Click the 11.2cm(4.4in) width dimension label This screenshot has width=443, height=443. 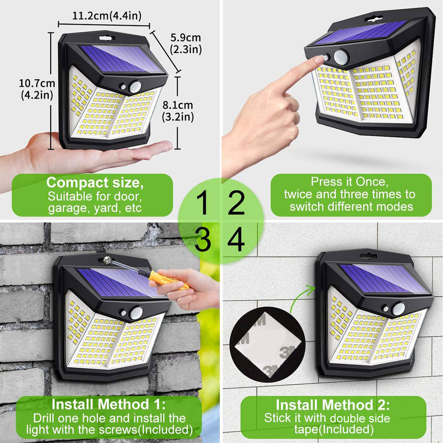(x=107, y=16)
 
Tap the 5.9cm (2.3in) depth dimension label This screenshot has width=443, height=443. (x=186, y=43)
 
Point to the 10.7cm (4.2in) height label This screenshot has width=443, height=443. (x=37, y=89)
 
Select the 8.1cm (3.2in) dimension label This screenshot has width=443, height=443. (x=178, y=111)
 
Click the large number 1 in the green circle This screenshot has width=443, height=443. (x=202, y=203)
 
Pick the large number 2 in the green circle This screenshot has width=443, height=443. (x=236, y=203)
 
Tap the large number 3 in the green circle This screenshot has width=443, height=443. (x=202, y=240)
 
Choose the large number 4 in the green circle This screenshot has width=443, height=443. (x=236, y=240)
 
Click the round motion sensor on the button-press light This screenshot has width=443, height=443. (x=341, y=57)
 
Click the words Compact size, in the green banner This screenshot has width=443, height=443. (x=95, y=183)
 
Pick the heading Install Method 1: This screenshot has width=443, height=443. (x=108, y=404)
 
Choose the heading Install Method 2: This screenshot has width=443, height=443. (x=333, y=405)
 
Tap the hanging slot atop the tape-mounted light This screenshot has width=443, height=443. (x=368, y=257)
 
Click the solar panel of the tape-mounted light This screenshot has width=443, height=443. (x=383, y=279)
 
